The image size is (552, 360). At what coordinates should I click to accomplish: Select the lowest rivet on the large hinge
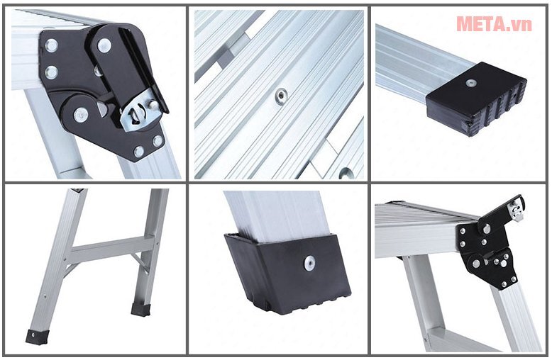coord(139,152)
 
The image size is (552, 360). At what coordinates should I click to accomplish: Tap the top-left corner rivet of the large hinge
coord(52,45)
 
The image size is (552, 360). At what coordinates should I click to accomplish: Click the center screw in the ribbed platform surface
coord(281,95)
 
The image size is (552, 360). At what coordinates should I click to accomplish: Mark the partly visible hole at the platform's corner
coord(346,173)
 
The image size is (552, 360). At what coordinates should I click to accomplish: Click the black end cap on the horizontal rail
coord(477,99)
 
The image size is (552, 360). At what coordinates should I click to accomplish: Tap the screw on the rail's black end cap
coord(470,84)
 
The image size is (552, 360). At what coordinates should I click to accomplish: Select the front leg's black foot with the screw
coord(36,337)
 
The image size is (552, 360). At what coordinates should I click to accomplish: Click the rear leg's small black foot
coord(140,309)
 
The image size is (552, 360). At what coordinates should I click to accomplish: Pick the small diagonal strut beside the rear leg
coord(140,261)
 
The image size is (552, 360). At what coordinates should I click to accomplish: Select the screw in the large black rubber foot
coord(310,264)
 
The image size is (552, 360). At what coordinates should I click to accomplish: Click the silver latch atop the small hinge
coord(517,210)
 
